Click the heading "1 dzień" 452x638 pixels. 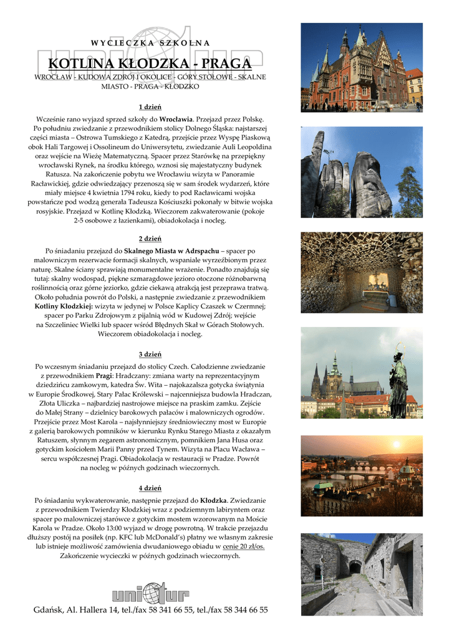(x=150, y=107)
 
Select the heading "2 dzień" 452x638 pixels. (x=150, y=239)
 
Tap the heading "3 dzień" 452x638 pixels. (x=150, y=355)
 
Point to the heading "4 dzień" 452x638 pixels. (x=150, y=487)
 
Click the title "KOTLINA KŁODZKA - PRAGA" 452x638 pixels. (x=150, y=65)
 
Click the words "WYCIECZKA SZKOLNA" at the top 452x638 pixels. (x=150, y=43)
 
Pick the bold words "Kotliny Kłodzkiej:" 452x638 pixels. (x=64, y=307)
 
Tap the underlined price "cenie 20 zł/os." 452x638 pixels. (x=244, y=546)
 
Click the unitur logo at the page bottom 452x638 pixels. (x=150, y=592)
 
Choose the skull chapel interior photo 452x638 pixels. (x=362, y=272)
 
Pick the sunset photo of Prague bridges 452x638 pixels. (x=362, y=472)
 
